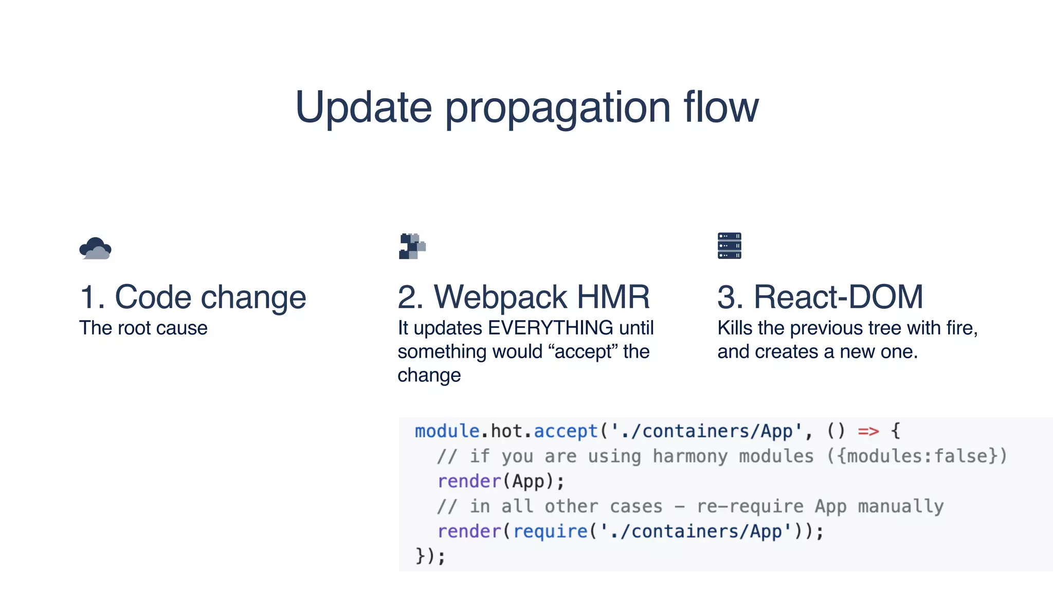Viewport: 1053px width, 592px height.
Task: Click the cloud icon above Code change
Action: pyautogui.click(x=95, y=248)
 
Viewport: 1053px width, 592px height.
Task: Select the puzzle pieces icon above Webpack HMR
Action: pyautogui.click(x=412, y=246)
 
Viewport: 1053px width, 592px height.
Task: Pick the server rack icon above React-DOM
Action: pyautogui.click(x=729, y=246)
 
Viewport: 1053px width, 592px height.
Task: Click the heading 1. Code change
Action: pyautogui.click(x=193, y=298)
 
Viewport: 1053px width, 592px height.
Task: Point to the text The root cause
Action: pyautogui.click(x=143, y=328)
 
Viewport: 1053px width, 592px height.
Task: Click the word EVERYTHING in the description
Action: pyautogui.click(x=550, y=328)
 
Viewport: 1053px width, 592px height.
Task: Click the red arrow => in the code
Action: pyautogui.click(x=868, y=431)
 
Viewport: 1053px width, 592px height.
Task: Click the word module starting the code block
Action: pyautogui.click(x=447, y=431)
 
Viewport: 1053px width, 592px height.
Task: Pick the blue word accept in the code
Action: pyautogui.click(x=566, y=431)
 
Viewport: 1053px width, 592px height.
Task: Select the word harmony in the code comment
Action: pyautogui.click(x=690, y=456)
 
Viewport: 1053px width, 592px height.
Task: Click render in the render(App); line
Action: pyautogui.click(x=469, y=482)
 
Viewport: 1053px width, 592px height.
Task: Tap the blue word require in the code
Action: pyautogui.click(x=550, y=531)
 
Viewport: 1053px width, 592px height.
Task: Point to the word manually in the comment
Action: pyautogui.click(x=900, y=507)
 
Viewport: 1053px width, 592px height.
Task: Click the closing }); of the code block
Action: pyautogui.click(x=430, y=556)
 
